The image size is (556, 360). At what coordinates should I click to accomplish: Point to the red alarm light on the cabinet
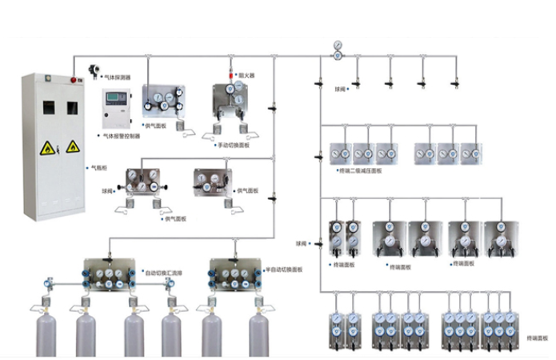[75, 81]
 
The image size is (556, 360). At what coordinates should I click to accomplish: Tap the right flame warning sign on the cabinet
[72, 147]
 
